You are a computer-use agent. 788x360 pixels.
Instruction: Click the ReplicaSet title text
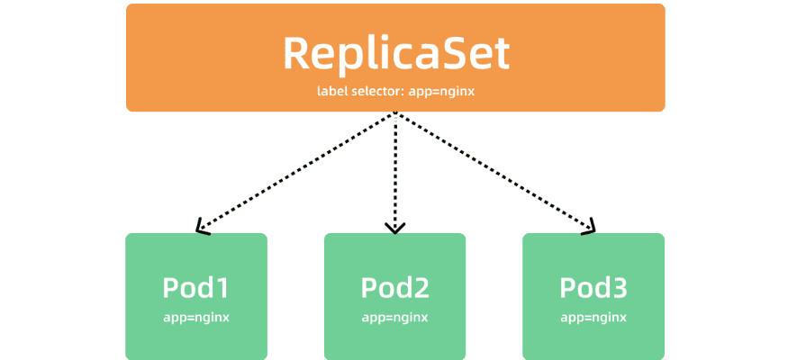(x=395, y=53)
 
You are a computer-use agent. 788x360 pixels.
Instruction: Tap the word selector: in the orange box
(x=380, y=92)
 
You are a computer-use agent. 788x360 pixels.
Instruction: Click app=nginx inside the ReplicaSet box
(x=443, y=92)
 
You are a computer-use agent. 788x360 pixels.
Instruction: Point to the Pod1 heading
(x=196, y=288)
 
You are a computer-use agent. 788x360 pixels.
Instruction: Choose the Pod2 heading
(x=394, y=288)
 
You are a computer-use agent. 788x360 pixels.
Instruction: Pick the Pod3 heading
(x=593, y=288)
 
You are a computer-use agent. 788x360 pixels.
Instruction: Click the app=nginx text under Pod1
(x=196, y=317)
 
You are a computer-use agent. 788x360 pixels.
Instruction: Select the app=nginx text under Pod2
(x=394, y=317)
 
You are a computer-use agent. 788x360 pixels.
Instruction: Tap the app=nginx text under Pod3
(x=593, y=317)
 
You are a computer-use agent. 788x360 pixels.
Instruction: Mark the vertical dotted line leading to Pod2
(x=394, y=171)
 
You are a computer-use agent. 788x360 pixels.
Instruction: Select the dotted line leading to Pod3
(x=494, y=171)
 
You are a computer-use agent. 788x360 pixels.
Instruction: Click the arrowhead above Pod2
(x=394, y=229)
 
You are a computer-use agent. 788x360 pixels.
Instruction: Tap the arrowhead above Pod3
(x=589, y=228)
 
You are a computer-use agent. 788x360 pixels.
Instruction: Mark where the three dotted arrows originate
(x=394, y=114)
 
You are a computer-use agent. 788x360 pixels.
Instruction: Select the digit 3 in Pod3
(x=617, y=288)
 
